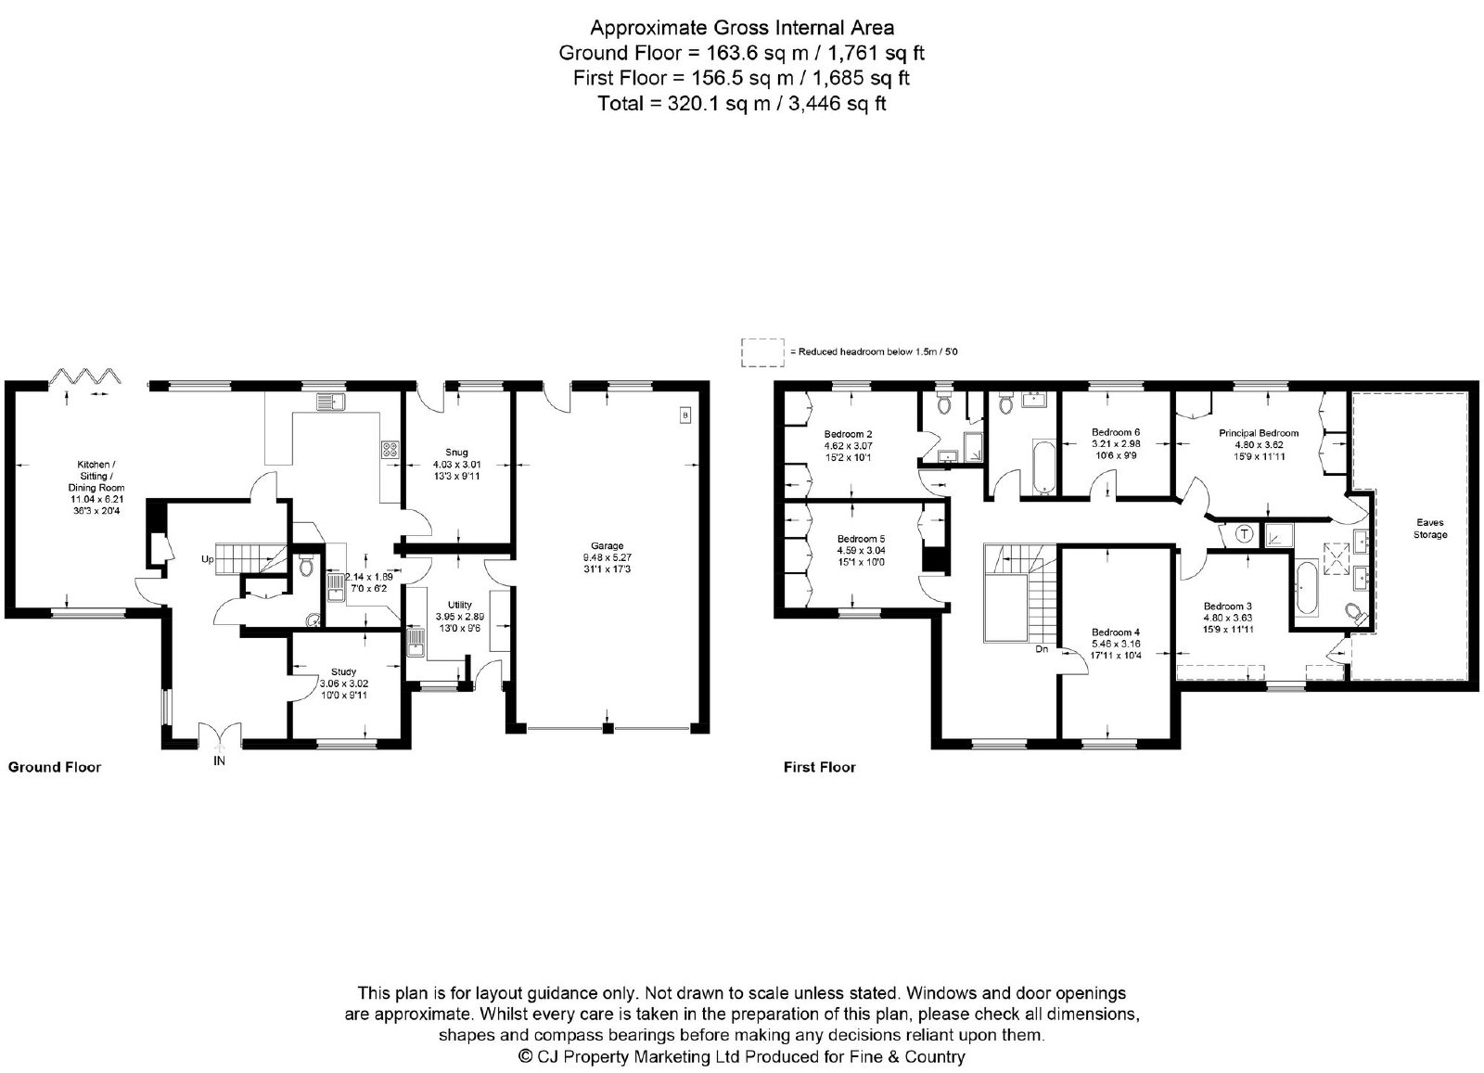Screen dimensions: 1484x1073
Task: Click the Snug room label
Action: click(456, 453)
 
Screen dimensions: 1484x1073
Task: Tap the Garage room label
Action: click(607, 545)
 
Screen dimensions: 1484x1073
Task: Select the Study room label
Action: click(344, 671)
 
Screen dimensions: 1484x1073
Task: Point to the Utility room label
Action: click(460, 605)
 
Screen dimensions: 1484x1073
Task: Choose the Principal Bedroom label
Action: click(1259, 433)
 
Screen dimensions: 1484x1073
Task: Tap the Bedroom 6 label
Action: click(1116, 432)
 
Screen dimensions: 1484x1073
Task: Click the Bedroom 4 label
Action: click(1116, 632)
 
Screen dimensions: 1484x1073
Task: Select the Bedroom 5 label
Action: click(861, 539)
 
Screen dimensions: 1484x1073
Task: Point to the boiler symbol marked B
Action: click(685, 416)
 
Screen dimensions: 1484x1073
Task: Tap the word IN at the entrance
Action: click(219, 761)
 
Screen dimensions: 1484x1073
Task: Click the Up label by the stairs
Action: click(208, 559)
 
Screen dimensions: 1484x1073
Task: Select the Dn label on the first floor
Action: click(1042, 649)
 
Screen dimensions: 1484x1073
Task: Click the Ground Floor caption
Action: click(55, 767)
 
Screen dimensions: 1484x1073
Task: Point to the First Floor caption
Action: click(820, 767)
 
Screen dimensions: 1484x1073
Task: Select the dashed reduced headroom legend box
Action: click(762, 352)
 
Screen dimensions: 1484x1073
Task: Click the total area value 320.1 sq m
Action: click(718, 104)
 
